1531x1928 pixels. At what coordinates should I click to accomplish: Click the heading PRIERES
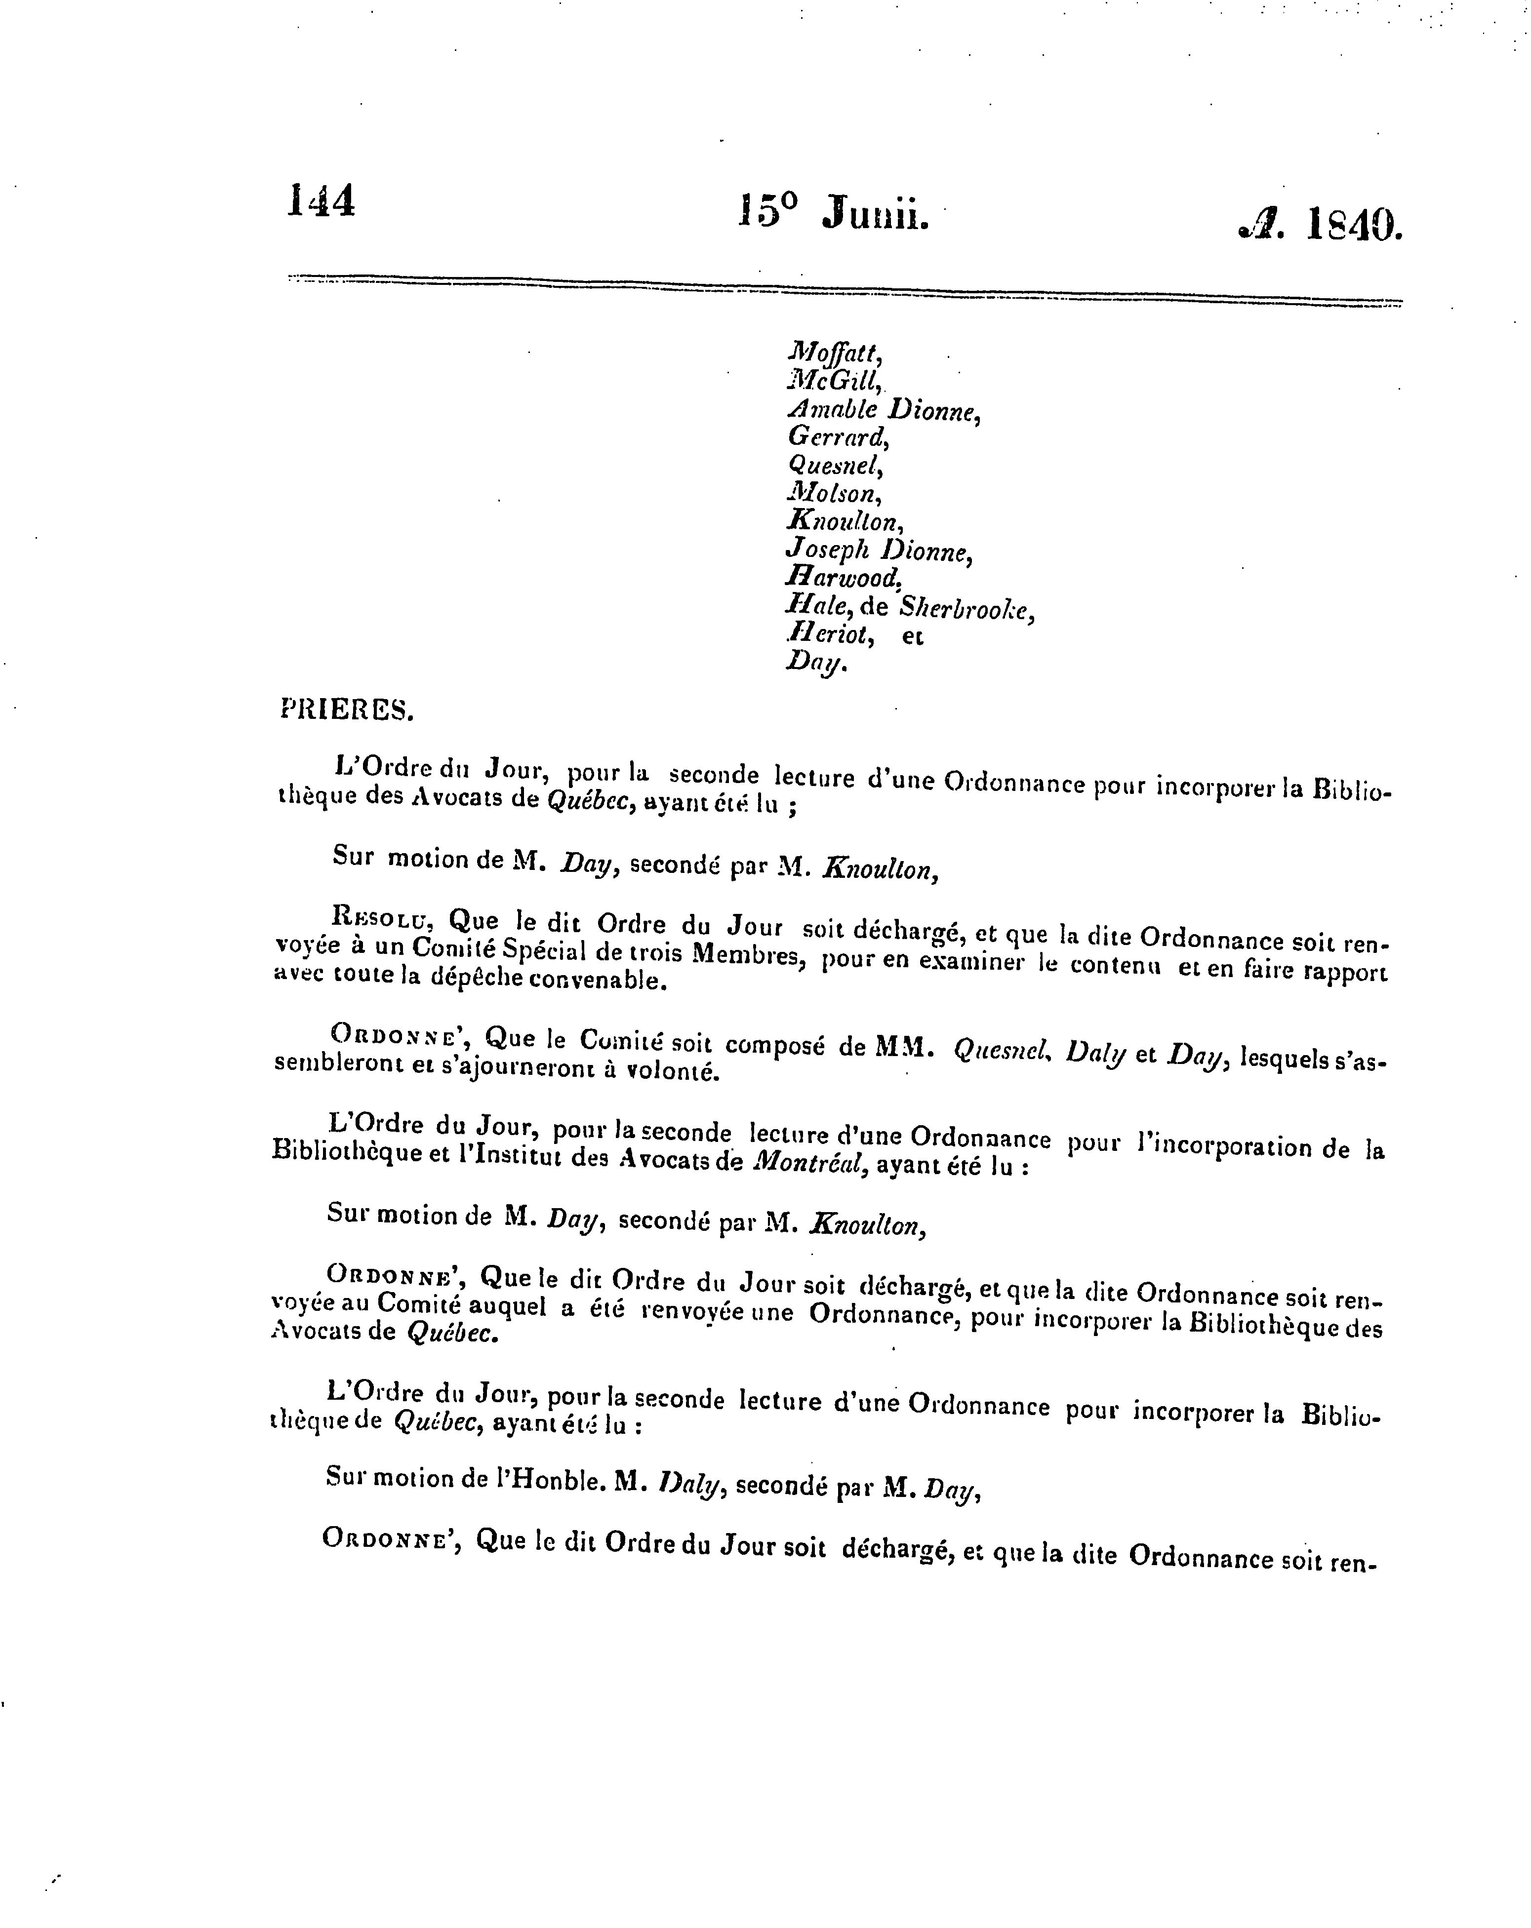click(x=346, y=709)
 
